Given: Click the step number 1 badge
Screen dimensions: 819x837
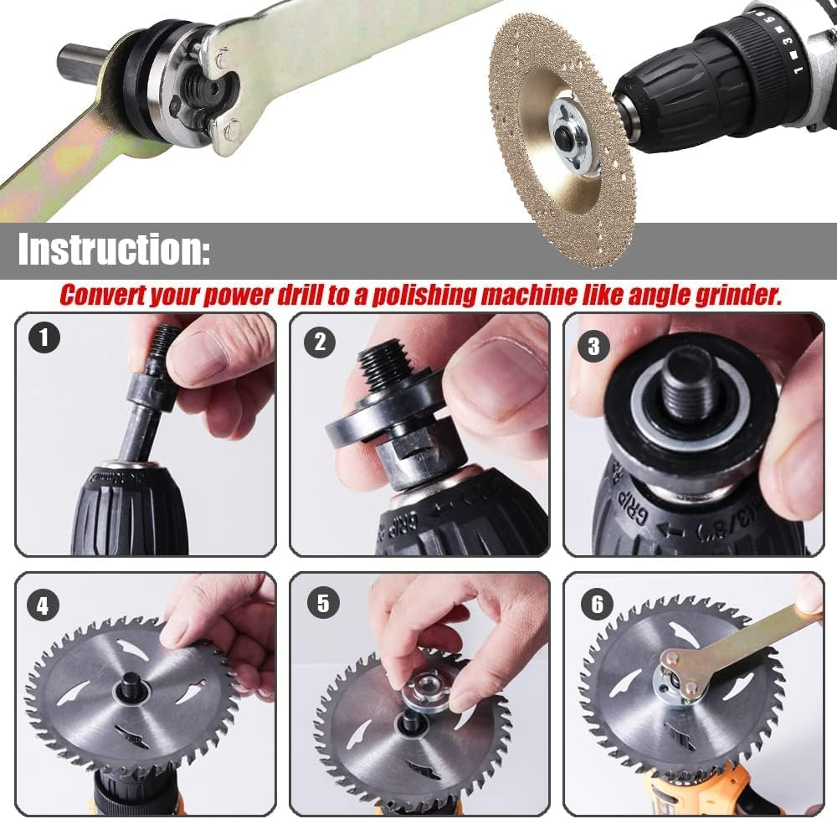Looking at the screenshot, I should click(x=44, y=338).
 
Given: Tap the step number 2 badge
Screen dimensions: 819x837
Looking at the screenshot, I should click(x=319, y=342).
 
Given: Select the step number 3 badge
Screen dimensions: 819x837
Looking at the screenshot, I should click(x=593, y=346).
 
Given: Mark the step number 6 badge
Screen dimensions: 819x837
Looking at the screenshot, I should click(x=597, y=605).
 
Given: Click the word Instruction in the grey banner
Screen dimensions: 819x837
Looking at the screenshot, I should click(x=114, y=250).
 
